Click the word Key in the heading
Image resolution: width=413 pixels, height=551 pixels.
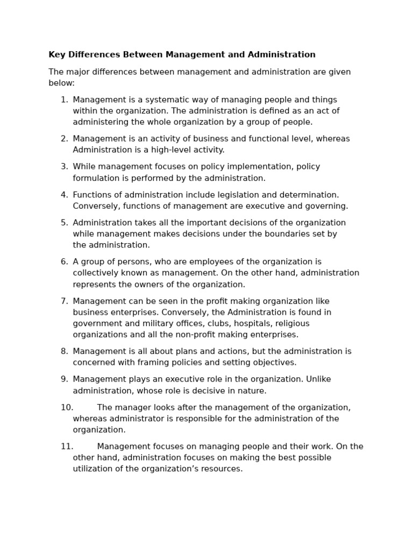click(56, 55)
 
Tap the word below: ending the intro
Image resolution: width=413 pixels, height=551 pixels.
click(61, 83)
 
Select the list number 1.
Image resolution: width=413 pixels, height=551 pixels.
click(64, 100)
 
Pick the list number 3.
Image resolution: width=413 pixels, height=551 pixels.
click(64, 167)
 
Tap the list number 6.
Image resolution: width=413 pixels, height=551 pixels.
click(64, 262)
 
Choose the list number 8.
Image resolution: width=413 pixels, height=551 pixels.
click(64, 351)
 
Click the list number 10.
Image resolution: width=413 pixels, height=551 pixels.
click(67, 407)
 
